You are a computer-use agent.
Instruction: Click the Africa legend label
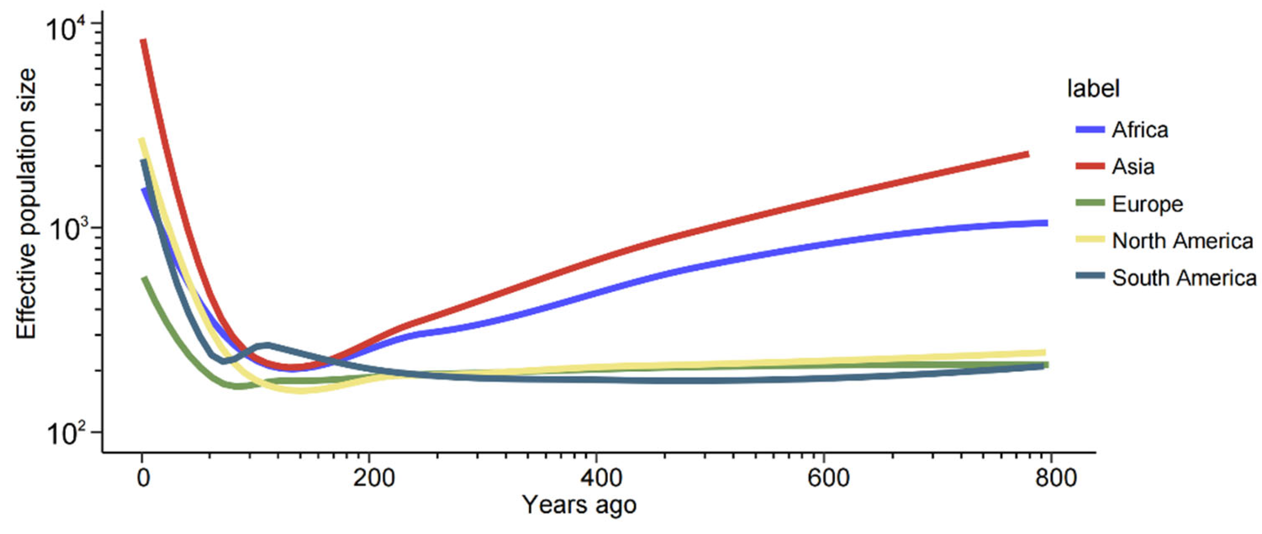point(1140,130)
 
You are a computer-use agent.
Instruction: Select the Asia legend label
point(1133,167)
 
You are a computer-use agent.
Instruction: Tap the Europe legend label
point(1147,204)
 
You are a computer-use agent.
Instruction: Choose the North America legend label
point(1182,241)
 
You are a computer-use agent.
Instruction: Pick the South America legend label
point(1184,278)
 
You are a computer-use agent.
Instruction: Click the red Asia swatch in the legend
point(1090,167)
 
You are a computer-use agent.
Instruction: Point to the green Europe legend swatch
point(1090,203)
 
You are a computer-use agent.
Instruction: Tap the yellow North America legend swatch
point(1090,240)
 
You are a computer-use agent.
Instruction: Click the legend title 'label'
point(1094,89)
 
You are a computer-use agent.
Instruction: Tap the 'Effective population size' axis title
point(27,204)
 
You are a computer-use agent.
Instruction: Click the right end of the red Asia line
point(1027,154)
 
